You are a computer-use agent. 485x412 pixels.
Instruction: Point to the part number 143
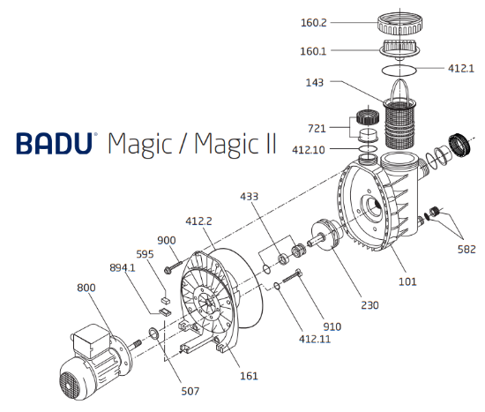315,82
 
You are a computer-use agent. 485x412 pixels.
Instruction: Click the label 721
318,129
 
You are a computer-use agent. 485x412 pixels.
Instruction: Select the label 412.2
200,221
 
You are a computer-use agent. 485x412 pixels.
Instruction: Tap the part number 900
167,240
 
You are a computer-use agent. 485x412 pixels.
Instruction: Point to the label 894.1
123,267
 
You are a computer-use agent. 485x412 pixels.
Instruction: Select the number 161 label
250,376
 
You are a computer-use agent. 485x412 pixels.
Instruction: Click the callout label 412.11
316,338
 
